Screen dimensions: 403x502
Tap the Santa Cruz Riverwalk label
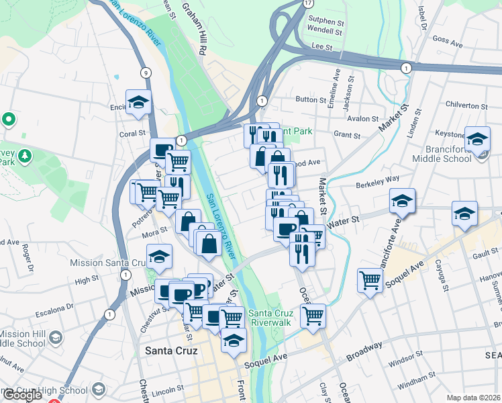(x=269, y=317)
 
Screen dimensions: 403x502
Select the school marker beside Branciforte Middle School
(x=477, y=140)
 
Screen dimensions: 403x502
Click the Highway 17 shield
(x=308, y=3)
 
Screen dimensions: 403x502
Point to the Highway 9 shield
(x=145, y=73)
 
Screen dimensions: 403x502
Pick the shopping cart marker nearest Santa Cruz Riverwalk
(x=313, y=314)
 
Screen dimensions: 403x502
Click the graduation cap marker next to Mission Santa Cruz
(x=159, y=257)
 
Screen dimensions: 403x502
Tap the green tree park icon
(x=25, y=156)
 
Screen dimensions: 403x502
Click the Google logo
(x=21, y=395)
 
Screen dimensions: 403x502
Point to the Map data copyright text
(x=474, y=398)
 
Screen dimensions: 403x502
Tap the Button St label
(x=310, y=99)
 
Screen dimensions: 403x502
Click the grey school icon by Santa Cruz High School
(x=99, y=390)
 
